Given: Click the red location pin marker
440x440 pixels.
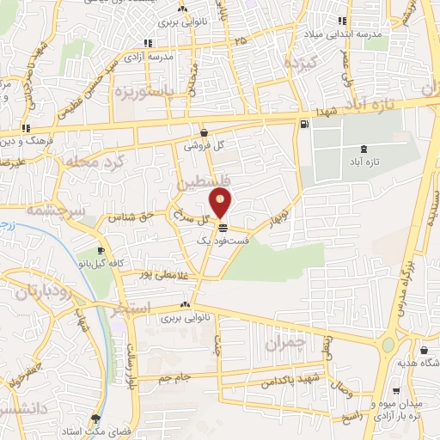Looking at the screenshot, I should [222, 204].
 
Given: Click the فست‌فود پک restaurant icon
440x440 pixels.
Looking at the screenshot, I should [223, 229].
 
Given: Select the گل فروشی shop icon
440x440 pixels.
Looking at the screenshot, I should [205, 132].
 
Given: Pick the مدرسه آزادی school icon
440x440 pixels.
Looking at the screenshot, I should [148, 42].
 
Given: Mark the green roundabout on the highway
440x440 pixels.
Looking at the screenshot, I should [389, 345].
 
